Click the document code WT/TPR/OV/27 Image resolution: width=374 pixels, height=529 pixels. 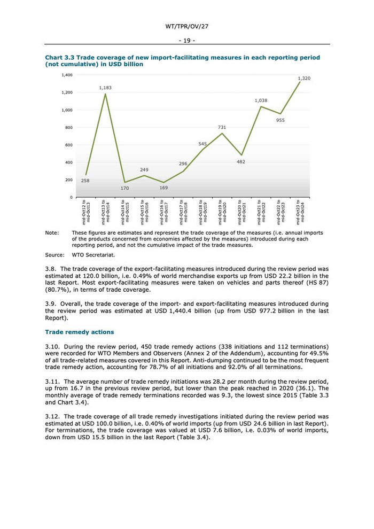tap(186, 26)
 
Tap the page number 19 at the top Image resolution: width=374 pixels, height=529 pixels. tap(187, 41)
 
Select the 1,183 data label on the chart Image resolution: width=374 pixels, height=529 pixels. tap(105, 88)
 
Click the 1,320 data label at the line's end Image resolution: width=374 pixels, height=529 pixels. tap(304, 79)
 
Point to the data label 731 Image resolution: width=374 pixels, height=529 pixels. tap(222, 127)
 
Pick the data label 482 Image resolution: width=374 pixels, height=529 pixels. tap(241, 162)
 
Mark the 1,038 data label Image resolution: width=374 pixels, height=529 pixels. tap(261, 100)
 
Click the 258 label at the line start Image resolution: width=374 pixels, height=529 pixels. tap(85, 181)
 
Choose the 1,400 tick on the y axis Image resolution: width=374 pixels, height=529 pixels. tap(67, 75)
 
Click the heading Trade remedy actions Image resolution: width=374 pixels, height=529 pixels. tap(79, 332)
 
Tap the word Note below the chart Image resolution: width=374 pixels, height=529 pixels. tap(52, 233)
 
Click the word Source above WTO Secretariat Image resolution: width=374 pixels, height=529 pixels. tap(54, 255)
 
